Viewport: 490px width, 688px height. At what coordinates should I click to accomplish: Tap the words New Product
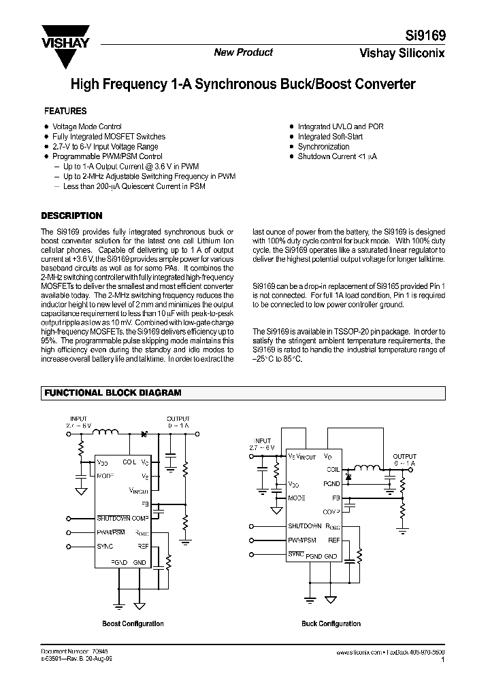click(x=243, y=52)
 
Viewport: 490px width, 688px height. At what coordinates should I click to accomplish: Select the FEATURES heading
click(x=65, y=111)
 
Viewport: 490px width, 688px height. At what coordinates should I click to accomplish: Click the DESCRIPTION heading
click(x=71, y=216)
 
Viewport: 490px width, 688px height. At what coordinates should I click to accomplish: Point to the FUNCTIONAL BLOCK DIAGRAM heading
click(x=113, y=393)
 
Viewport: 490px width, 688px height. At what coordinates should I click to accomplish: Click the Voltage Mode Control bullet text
click(x=87, y=126)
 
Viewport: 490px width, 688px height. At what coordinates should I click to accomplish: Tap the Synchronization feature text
click(x=323, y=146)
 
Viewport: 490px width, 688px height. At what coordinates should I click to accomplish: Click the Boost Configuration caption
click(x=133, y=623)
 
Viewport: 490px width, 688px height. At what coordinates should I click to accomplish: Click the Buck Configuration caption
click(x=331, y=623)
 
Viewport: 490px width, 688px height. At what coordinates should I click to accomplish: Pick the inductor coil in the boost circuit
click(x=105, y=432)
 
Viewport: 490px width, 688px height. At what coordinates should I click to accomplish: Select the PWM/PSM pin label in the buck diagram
click(x=302, y=540)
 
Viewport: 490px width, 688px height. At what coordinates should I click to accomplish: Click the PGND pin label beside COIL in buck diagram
click(x=331, y=483)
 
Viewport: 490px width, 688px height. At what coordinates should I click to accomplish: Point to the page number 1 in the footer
click(x=443, y=659)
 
